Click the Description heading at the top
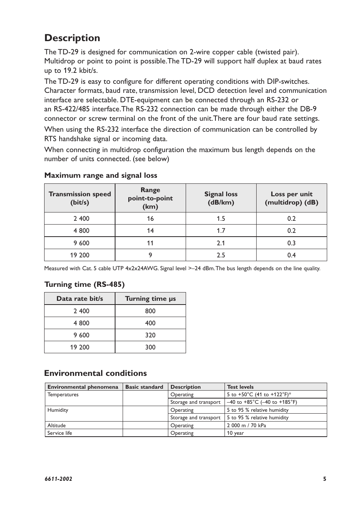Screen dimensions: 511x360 point(72,38)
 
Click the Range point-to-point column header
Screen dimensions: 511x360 point(150,198)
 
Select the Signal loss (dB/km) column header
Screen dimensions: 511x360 point(221,198)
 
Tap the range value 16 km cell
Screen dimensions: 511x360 point(150,219)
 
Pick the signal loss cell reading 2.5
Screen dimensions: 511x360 point(221,255)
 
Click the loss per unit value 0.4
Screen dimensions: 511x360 point(291,255)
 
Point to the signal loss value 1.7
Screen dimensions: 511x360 point(221,231)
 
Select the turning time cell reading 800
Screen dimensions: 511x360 point(150,311)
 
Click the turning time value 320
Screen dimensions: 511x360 point(150,335)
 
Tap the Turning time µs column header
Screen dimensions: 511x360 point(150,299)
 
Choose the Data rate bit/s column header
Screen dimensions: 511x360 point(80,299)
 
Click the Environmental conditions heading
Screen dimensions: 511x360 point(95,373)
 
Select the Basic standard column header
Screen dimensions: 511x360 point(144,387)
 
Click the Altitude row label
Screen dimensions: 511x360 point(57,425)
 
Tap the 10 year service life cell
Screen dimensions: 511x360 point(235,433)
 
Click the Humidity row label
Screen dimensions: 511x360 point(58,410)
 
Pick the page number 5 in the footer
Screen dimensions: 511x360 point(325,479)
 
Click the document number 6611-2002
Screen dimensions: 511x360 point(58,479)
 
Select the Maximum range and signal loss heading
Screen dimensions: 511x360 point(101,175)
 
